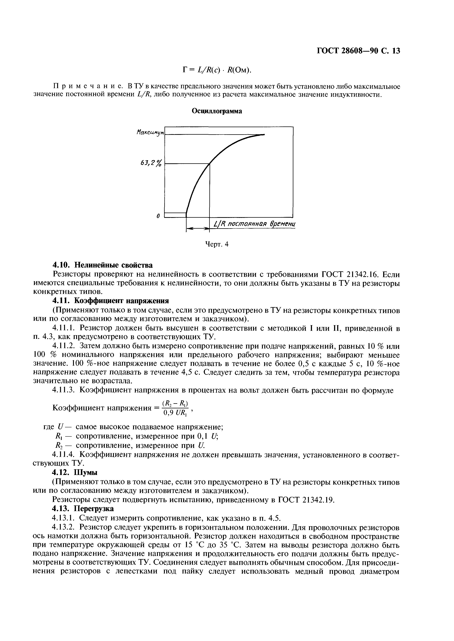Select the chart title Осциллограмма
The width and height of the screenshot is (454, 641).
tap(217, 111)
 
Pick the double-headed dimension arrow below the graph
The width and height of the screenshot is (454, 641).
tap(198, 229)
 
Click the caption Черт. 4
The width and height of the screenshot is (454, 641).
tap(217, 244)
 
